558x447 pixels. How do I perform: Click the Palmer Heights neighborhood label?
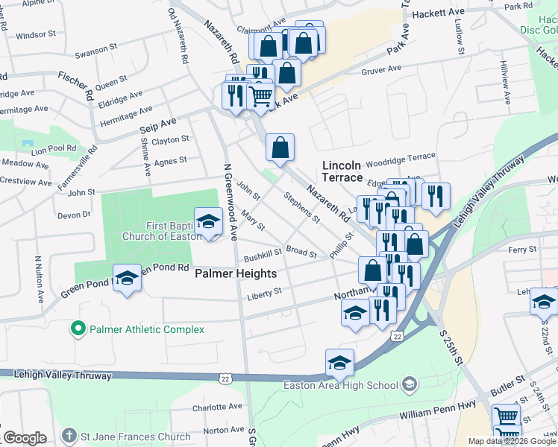point(236,273)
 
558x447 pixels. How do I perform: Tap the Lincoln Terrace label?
point(342,171)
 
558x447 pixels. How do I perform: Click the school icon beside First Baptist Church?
point(208,221)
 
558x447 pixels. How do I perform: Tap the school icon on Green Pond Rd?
point(128,279)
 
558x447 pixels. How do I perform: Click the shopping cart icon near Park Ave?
point(260,95)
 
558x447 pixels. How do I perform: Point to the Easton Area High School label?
point(341,385)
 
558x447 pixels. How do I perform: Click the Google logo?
point(25,438)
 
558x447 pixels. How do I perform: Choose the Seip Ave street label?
point(157,125)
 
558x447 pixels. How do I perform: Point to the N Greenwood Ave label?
point(228,201)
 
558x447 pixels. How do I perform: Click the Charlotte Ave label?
point(217,408)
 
